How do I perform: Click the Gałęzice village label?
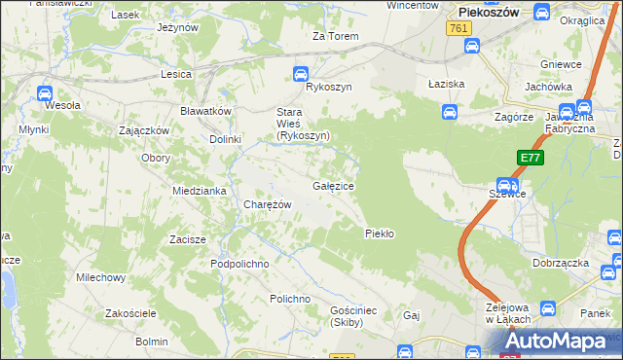[x=333, y=185]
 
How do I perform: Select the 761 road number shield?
[x=460, y=29]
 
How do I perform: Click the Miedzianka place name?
[x=200, y=191]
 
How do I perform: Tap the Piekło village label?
[x=379, y=233]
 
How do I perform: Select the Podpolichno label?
[x=238, y=264]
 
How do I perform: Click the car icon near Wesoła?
[x=44, y=92]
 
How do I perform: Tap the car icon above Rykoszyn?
[x=302, y=72]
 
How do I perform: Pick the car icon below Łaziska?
[x=449, y=112]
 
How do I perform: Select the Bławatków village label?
[x=205, y=111]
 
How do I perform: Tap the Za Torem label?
[x=335, y=36]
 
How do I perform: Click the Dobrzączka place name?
[x=562, y=263]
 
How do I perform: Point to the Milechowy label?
[x=101, y=277]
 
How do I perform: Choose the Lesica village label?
[x=176, y=73]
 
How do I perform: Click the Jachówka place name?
[x=547, y=87]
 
